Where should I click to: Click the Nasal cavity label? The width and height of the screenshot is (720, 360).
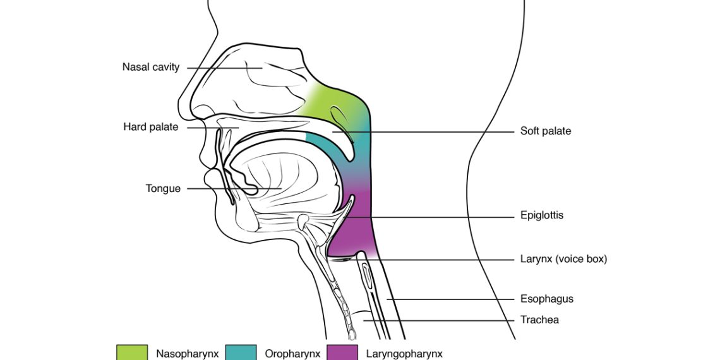point(151,66)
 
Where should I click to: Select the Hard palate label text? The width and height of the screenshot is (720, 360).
point(151,127)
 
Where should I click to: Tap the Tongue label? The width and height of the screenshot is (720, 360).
point(163,188)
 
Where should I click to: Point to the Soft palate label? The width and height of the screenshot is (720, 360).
point(546,131)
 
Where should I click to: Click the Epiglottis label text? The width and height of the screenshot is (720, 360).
point(542,215)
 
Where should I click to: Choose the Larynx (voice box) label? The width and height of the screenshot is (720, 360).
point(563,258)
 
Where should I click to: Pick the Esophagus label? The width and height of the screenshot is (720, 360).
point(547,299)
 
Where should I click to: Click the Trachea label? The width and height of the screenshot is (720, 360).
point(539,320)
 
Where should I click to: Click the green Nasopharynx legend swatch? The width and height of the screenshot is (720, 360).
point(131,352)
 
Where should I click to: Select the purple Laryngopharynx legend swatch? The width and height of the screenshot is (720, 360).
point(342,352)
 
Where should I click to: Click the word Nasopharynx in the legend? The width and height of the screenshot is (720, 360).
point(188,354)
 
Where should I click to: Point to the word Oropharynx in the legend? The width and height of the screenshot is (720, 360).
point(292,354)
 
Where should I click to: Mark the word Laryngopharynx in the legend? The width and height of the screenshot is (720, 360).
point(404,354)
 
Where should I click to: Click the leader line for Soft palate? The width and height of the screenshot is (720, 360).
point(429,131)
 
